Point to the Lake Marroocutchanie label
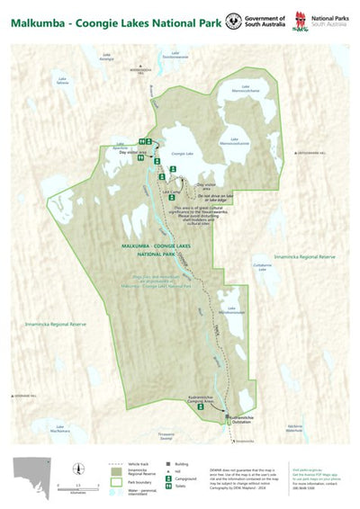pos(246,90)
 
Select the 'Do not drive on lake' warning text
pos(216,196)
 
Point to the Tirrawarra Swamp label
pos(165,435)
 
